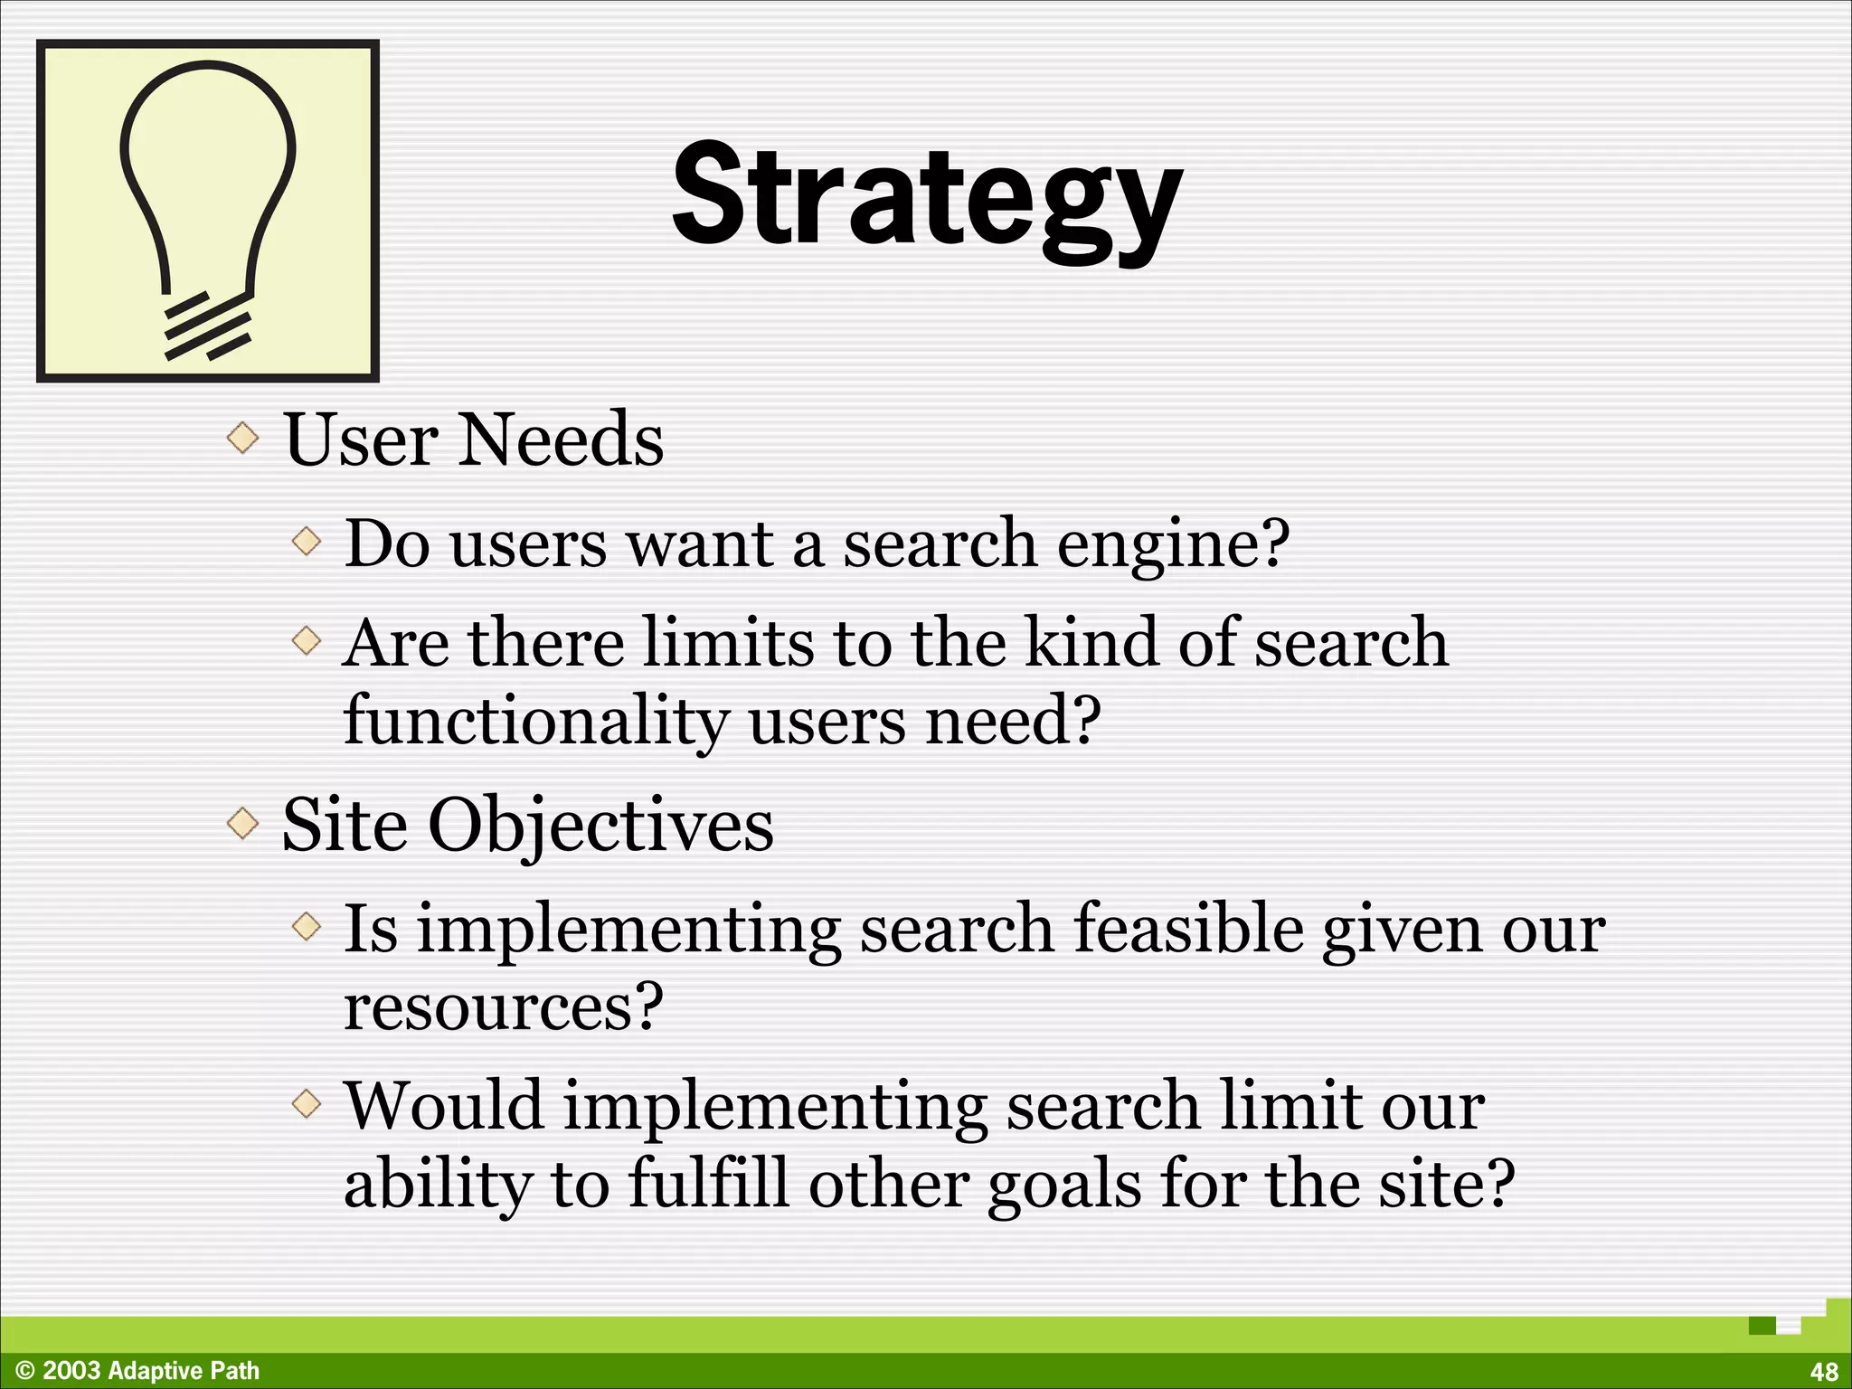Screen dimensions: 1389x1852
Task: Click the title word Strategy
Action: pos(927,197)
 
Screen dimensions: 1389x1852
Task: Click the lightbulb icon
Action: pos(208,212)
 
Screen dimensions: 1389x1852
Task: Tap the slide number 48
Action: pos(1824,1371)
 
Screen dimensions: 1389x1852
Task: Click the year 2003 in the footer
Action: pos(71,1371)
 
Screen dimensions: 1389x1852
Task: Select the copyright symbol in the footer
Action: pos(25,1371)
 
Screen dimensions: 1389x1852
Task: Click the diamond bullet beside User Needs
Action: pos(242,439)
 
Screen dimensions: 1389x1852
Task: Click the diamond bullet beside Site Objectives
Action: pos(242,824)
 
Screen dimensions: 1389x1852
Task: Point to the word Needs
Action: pos(562,439)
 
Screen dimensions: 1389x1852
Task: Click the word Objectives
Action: pos(600,826)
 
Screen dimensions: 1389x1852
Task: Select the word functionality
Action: pos(535,722)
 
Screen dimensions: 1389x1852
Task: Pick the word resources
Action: pos(503,1006)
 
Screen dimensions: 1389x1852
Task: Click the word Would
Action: pos(444,1105)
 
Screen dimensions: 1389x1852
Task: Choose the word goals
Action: pos(1064,1185)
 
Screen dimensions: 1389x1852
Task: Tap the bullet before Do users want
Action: pos(307,543)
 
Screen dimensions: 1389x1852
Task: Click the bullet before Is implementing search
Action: pos(307,927)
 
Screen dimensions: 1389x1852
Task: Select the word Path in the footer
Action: pos(235,1371)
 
